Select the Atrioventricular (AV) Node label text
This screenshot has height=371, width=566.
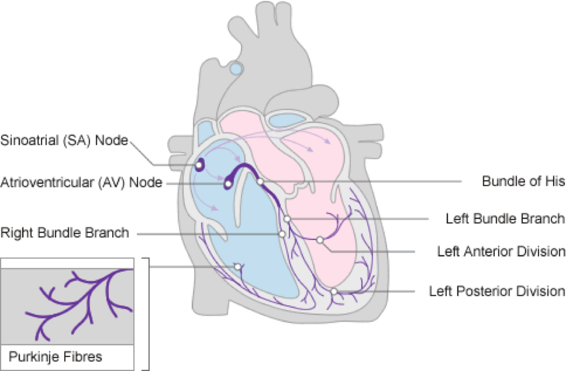[x=81, y=182]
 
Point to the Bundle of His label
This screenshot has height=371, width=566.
[x=523, y=182]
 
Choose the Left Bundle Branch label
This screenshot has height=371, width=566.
[x=505, y=218]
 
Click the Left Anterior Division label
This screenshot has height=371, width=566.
[x=501, y=251]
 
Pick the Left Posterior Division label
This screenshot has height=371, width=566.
[x=497, y=291]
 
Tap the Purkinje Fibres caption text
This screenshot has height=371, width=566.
[x=55, y=356]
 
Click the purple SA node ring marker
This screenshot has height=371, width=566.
[x=199, y=166]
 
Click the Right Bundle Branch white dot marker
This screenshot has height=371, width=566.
[x=282, y=233]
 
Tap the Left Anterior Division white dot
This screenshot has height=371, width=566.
[x=319, y=240]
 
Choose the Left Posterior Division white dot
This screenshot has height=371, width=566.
[x=334, y=291]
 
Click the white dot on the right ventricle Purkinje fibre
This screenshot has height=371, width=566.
[x=238, y=266]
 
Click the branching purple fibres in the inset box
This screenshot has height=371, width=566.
[x=84, y=298]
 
